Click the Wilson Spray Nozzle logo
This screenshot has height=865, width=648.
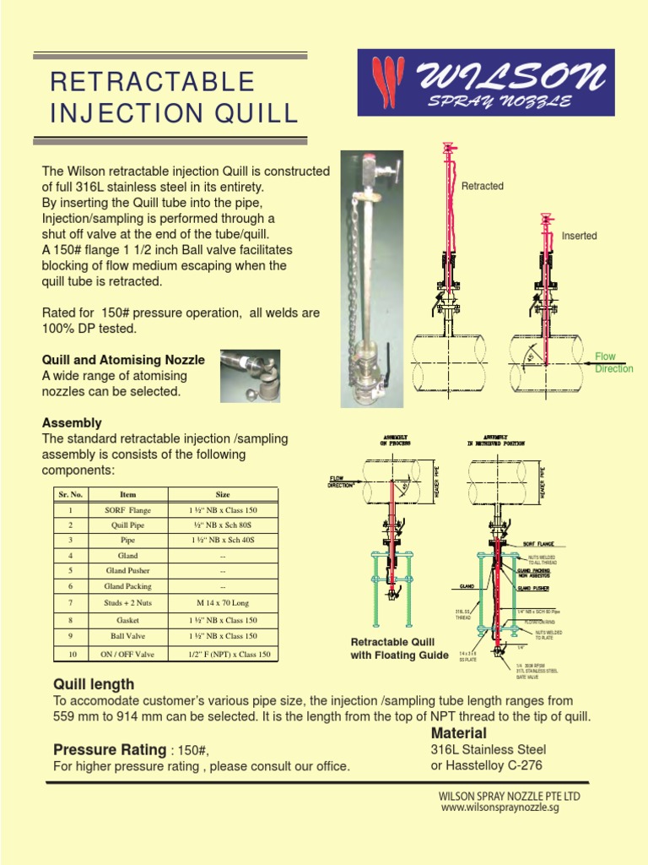tap(486, 83)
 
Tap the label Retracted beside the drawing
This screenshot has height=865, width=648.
tap(482, 186)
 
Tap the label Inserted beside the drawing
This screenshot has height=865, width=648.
tap(579, 236)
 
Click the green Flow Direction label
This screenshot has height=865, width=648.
tap(613, 363)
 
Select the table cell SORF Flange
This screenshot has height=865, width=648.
tap(127, 511)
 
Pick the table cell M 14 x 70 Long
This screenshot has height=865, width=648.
tap(223, 604)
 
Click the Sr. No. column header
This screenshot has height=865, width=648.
tap(69, 494)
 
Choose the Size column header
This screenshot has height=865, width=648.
tap(223, 494)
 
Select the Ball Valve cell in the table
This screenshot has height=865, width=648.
tap(127, 636)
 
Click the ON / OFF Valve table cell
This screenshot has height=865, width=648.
tap(127, 654)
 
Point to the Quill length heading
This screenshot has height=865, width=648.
tap(94, 684)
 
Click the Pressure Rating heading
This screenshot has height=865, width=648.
tap(110, 749)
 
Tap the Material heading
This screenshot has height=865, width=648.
tap(458, 732)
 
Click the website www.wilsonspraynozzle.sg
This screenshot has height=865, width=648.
tap(499, 808)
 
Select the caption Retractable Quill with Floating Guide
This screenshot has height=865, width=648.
tap(399, 648)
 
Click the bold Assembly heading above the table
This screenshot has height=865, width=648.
tap(72, 422)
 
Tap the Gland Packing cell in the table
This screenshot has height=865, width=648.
tap(127, 586)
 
